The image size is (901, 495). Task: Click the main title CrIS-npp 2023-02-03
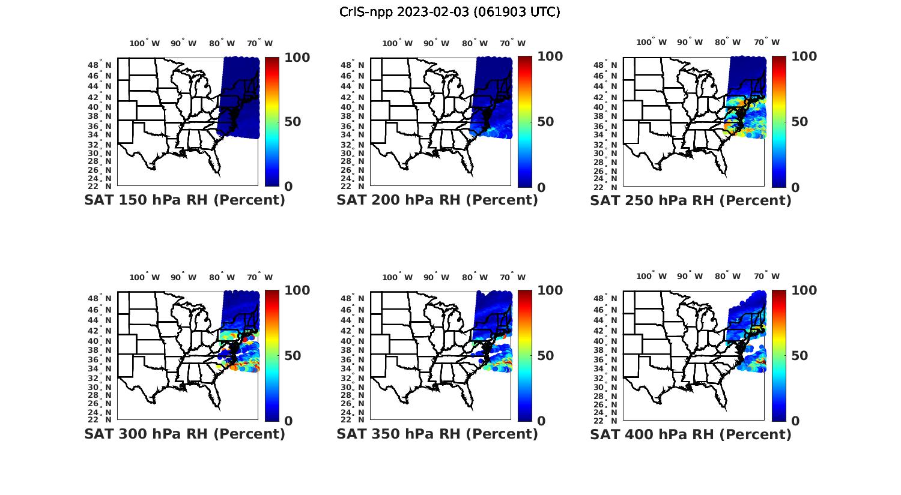click(450, 12)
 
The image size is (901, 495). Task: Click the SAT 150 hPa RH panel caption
click(185, 200)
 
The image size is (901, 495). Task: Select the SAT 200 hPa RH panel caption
click(437, 200)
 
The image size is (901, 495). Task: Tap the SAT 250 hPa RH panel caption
click(691, 200)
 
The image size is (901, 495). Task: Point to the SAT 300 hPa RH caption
click(185, 433)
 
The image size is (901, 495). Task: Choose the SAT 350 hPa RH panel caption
click(437, 433)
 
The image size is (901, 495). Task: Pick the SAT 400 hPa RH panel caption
click(691, 433)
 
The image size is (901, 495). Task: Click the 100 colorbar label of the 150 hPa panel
click(297, 57)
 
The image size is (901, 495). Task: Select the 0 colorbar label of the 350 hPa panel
click(541, 421)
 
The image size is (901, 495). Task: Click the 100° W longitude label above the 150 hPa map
click(145, 43)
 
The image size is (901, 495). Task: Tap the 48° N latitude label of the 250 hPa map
click(611, 65)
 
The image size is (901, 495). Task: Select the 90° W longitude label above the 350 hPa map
click(436, 277)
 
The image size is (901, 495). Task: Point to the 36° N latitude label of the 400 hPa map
click(611, 360)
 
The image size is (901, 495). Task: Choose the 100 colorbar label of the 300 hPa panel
click(297, 290)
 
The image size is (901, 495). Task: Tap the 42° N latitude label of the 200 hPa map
click(357, 97)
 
